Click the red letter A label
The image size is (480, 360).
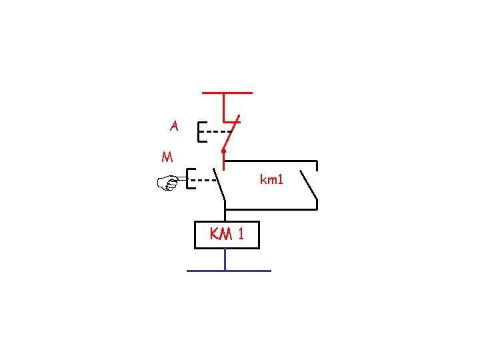tap(174, 125)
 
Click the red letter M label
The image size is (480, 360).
tap(167, 158)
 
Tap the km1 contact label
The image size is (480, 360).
tap(271, 179)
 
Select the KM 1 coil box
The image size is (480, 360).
tap(226, 235)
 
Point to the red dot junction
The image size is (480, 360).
tap(223, 153)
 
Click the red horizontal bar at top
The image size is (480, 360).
tap(227, 93)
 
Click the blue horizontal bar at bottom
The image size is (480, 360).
tap(229, 271)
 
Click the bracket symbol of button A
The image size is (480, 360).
tap(200, 131)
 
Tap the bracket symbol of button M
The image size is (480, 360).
tap(189, 179)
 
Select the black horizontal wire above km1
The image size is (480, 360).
tap(270, 161)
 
